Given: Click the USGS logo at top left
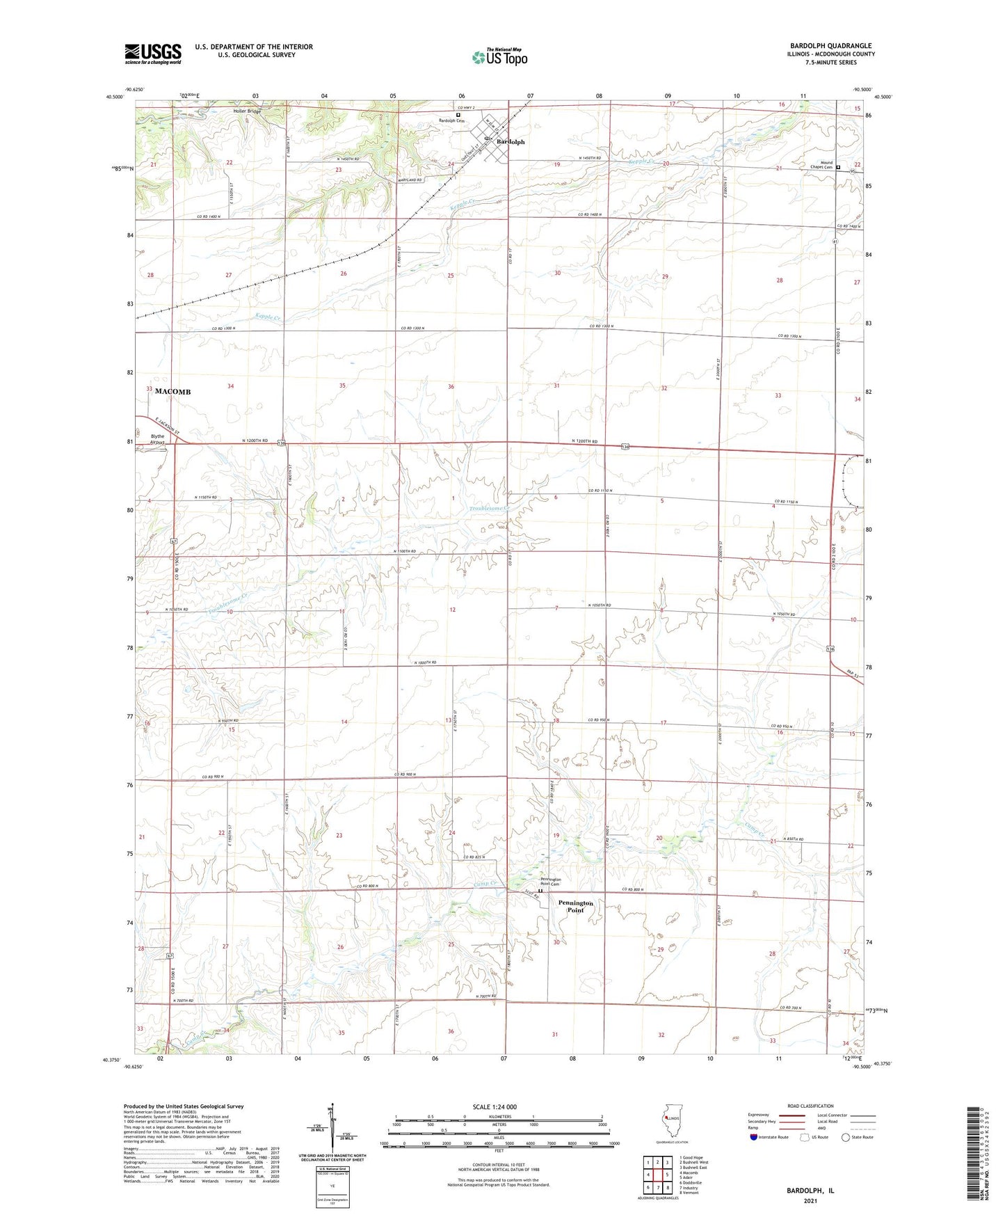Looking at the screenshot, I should [x=152, y=54].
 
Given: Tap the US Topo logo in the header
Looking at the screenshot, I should [x=499, y=58].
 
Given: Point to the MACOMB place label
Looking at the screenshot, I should [x=172, y=392].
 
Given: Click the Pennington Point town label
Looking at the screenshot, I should [x=575, y=906].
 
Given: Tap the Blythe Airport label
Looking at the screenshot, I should [x=157, y=439].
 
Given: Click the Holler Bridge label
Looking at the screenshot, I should [x=248, y=111].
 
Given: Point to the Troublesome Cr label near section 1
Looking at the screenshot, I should [x=488, y=509].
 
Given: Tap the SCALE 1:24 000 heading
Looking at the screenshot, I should [x=494, y=1107].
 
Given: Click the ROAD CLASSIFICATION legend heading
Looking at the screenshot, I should [x=811, y=1106].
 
